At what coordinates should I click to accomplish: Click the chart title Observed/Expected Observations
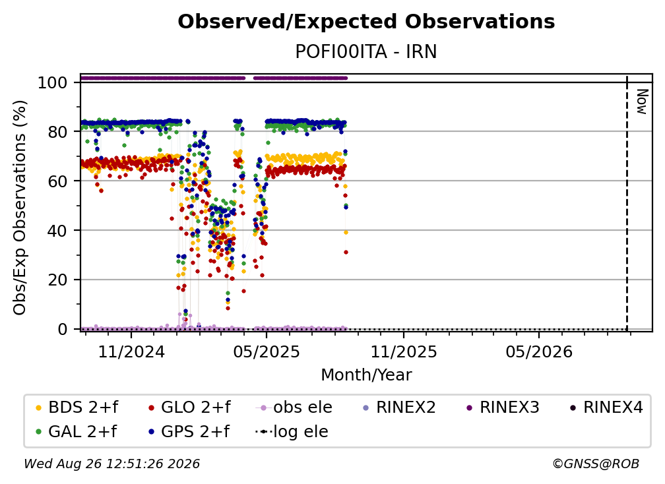tap(366, 22)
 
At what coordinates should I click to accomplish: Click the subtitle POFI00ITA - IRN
tap(366, 51)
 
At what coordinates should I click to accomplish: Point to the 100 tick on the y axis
tap(53, 82)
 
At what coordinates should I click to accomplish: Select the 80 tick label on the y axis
tap(57, 132)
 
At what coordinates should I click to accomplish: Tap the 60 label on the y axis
tap(57, 181)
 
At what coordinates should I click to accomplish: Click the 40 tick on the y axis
tap(57, 231)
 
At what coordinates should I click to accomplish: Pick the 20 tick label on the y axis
tap(57, 280)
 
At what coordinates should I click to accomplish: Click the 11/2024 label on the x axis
tap(131, 351)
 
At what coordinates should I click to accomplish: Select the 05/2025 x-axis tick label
tap(267, 351)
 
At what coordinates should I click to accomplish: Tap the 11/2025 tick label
tap(404, 351)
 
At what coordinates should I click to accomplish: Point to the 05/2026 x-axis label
tap(539, 351)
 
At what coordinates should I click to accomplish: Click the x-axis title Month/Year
tap(366, 375)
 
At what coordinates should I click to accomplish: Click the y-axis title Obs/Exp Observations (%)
tap(20, 208)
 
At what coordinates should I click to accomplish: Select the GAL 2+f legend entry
tap(76, 432)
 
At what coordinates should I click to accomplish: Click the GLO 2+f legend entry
tap(189, 408)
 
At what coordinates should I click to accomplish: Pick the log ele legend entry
tap(292, 432)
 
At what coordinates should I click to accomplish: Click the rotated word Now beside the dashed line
tap(642, 102)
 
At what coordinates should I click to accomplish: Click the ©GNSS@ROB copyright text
tap(596, 464)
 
